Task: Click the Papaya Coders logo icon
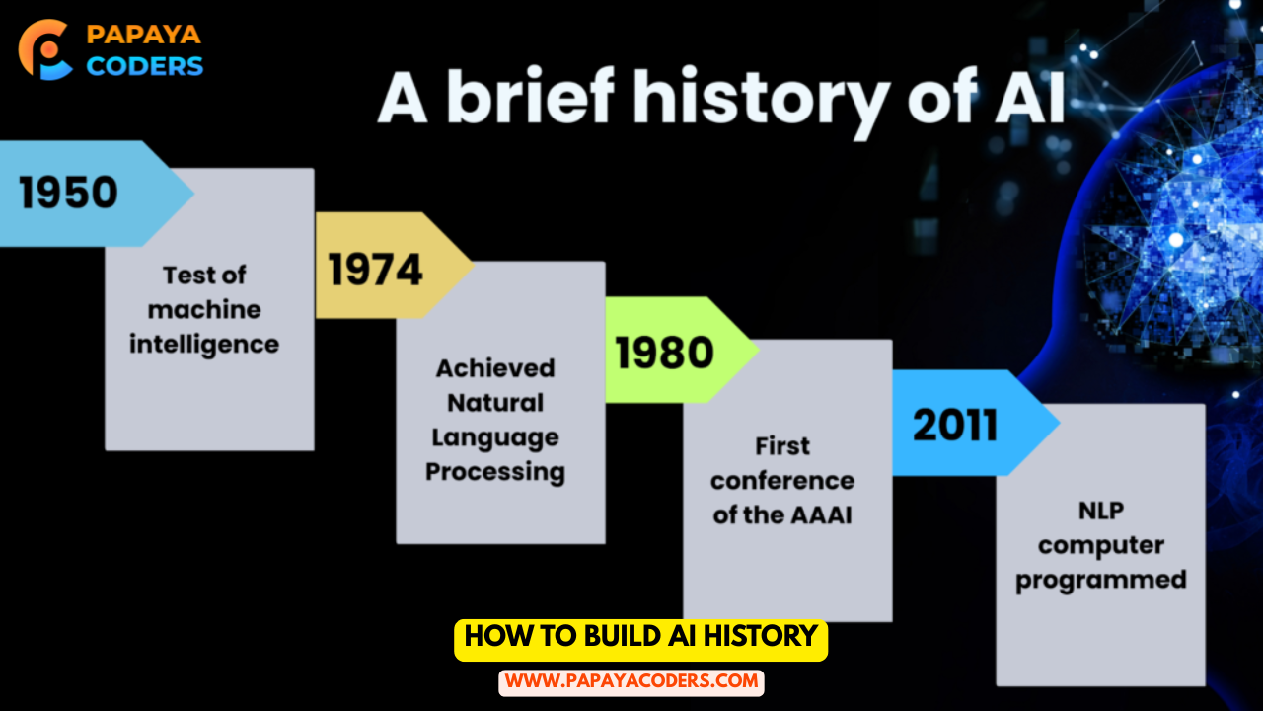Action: tap(45, 49)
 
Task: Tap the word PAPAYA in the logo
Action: tap(144, 35)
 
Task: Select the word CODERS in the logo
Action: tap(144, 66)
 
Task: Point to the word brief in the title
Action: tap(531, 95)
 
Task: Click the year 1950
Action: tap(68, 193)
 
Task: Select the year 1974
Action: tap(376, 270)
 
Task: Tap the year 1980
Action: tap(665, 353)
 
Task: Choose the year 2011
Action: tap(955, 425)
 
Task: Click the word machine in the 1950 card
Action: tap(204, 310)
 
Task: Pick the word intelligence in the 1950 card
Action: tap(204, 345)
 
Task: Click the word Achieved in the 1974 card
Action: tap(495, 368)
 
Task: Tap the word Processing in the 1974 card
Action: tap(495, 472)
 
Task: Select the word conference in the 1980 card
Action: tap(782, 481)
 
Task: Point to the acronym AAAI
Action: tap(820, 515)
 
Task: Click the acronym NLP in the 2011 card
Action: tap(1101, 511)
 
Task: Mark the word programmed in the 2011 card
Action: tap(1101, 580)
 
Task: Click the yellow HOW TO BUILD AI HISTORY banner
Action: tap(641, 640)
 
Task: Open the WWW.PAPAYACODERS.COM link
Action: tap(631, 682)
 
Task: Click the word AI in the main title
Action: tap(1031, 96)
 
